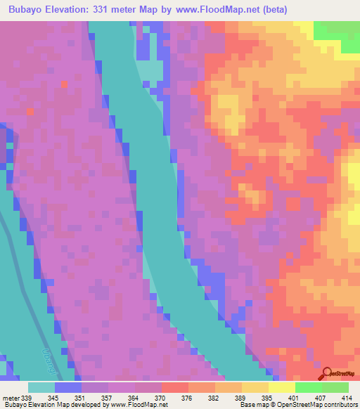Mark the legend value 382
(x=212, y=398)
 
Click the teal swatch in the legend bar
(x=41, y=387)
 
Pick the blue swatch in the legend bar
(x=68, y=387)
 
